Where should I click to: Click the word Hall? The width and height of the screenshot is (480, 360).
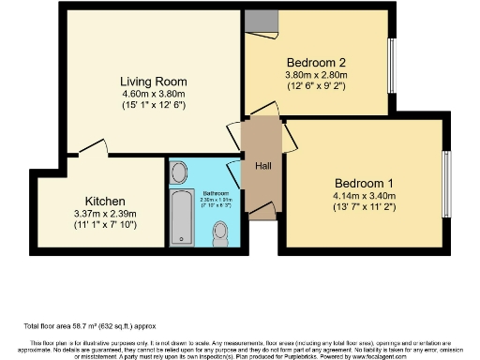tap(263, 166)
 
